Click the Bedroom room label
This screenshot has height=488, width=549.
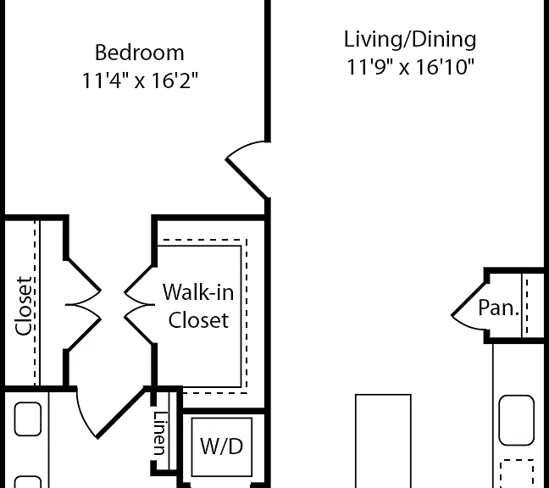pos(139,53)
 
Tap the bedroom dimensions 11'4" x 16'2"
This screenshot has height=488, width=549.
pos(140,80)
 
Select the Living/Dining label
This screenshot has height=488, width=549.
pos(410,39)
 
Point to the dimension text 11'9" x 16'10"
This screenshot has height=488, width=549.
pos(410,67)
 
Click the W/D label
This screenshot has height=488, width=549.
pos(221,446)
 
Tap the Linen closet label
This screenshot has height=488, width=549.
pos(159,433)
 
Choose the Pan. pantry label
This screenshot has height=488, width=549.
pos(498,308)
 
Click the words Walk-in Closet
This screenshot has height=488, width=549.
pos(198,306)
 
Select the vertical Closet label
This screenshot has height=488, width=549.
pos(25,306)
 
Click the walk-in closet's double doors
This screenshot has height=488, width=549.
pos(139,304)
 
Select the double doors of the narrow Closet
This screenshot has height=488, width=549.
pos(83,304)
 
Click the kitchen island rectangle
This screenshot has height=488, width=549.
pos(383,441)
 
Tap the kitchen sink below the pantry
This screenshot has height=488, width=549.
pos(517,420)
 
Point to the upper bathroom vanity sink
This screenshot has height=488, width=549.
pos(28,419)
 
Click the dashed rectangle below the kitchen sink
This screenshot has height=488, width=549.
pos(517,474)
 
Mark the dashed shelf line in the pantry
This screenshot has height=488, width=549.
pos(527,307)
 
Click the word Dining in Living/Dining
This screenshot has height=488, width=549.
pos(444,39)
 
